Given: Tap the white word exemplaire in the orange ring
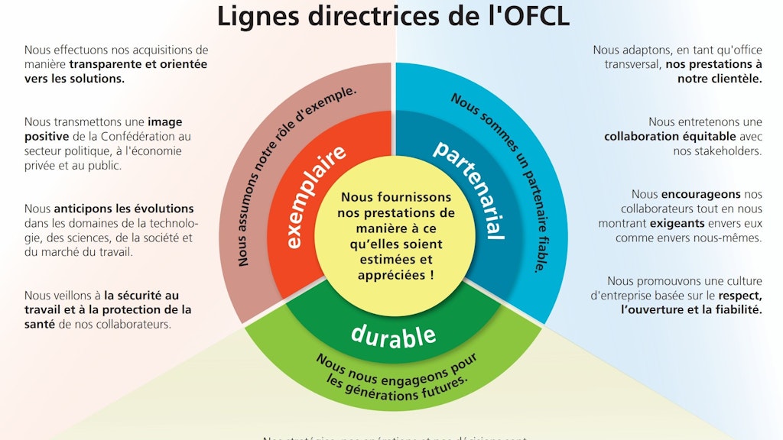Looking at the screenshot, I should [x=307, y=196].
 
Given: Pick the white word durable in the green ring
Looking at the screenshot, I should [x=393, y=334].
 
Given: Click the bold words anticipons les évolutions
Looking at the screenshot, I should [x=124, y=209].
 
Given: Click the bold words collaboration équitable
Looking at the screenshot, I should [x=670, y=137].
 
